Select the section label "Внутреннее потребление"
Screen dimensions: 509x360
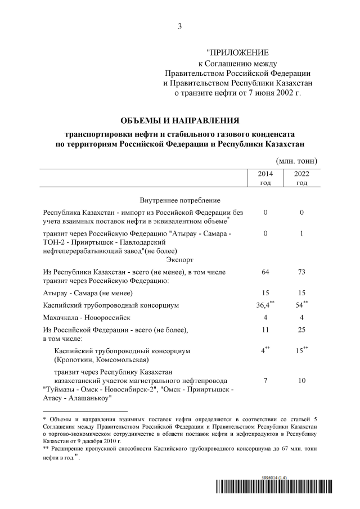[179, 200]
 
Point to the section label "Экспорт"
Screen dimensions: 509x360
[179, 260]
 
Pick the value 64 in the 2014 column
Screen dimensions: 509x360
[265, 272]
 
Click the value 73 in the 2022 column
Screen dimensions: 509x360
[301, 272]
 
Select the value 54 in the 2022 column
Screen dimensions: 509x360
[301, 305]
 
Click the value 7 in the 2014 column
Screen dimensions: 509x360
[265, 381]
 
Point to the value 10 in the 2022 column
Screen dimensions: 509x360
[301, 381]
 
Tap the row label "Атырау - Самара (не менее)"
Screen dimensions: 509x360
[88, 293]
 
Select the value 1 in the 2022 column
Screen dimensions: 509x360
[301, 233]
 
